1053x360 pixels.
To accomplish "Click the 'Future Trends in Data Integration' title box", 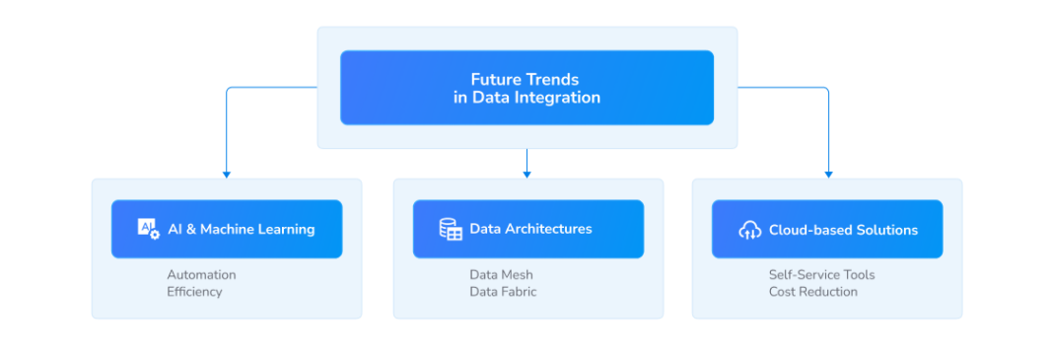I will click(526, 88).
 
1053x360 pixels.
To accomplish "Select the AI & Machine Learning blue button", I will click(227, 229).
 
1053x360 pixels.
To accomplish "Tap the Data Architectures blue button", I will click(528, 229).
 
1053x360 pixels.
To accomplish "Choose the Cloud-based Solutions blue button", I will click(827, 230).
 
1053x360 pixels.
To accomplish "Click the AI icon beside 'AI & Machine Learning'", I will click(148, 229).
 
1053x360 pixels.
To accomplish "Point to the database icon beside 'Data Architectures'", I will click(451, 229).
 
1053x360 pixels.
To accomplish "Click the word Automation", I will click(201, 275).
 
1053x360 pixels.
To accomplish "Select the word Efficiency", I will click(194, 292).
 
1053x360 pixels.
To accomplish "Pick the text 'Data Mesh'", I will click(501, 275).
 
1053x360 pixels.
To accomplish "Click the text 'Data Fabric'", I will click(503, 292).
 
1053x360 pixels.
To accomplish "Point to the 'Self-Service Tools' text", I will click(821, 275).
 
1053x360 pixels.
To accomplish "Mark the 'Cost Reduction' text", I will click(812, 292).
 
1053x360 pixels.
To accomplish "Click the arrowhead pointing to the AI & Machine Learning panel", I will click(227, 175).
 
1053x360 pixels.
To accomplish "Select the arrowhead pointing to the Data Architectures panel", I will click(526, 175).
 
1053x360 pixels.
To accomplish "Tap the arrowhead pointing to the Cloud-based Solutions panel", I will click(828, 175).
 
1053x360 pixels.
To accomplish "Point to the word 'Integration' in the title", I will click(559, 98).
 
